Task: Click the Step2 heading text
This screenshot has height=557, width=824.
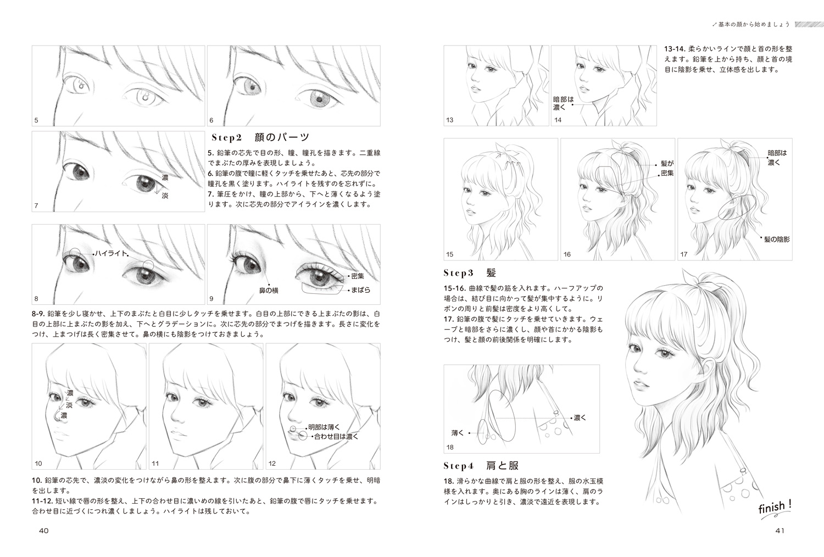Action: click(x=260, y=137)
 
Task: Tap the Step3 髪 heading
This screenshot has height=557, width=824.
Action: click(x=470, y=273)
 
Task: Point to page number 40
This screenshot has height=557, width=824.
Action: click(x=44, y=531)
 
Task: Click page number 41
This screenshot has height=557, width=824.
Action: click(x=780, y=531)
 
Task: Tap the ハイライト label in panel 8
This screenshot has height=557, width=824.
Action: click(x=111, y=253)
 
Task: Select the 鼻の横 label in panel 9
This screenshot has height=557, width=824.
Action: click(x=269, y=291)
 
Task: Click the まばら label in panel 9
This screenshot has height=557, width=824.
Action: click(x=360, y=290)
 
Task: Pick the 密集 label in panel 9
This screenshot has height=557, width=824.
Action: click(x=358, y=276)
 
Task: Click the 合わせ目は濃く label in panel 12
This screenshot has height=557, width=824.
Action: click(x=336, y=437)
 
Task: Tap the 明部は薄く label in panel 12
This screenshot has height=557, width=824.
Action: click(x=324, y=427)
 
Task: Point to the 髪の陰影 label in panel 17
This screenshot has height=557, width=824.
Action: click(x=777, y=239)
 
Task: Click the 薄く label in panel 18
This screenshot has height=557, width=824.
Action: click(x=458, y=433)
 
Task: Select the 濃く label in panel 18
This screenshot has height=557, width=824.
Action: click(x=580, y=417)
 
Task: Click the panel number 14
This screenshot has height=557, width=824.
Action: click(x=558, y=120)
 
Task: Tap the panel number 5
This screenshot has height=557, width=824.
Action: click(x=36, y=120)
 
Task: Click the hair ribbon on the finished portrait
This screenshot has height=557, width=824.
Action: click(x=693, y=282)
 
